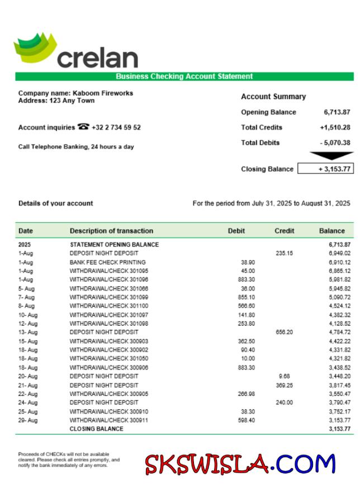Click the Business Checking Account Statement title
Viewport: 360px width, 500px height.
[x=184, y=77]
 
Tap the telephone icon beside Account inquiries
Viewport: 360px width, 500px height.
[x=83, y=127]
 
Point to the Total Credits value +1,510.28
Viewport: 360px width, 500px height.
[x=335, y=128]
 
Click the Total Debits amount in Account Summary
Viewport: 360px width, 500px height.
[x=335, y=143]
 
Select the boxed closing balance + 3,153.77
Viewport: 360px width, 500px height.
[x=325, y=169]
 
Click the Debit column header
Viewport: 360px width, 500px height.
[x=236, y=230]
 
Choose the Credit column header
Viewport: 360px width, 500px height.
[x=284, y=230]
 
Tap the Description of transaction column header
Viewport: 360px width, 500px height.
[x=111, y=230]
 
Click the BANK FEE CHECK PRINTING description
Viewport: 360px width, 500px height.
[x=107, y=262]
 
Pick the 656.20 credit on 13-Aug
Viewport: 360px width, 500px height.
[x=285, y=332]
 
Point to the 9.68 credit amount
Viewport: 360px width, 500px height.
[x=285, y=376]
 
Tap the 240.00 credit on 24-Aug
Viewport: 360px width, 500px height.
[x=285, y=403]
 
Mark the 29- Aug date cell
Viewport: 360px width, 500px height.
[x=28, y=420]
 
